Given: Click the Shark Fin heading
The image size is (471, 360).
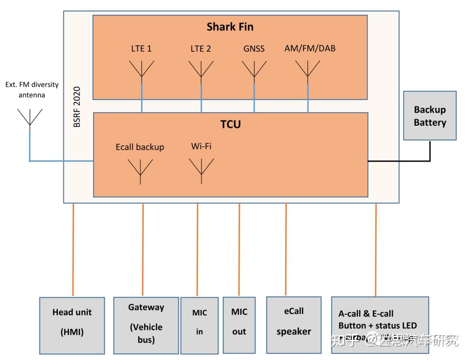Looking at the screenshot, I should (x=230, y=27).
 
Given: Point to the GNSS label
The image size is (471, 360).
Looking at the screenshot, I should (x=254, y=49).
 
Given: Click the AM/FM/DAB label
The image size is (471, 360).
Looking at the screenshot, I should (x=310, y=48).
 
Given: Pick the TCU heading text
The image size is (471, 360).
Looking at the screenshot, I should (x=230, y=124).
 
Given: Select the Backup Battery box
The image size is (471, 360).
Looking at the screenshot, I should (x=430, y=115).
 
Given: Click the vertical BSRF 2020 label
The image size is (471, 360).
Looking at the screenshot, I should (x=77, y=107).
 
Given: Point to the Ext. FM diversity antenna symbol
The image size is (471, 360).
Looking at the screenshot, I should (x=30, y=119).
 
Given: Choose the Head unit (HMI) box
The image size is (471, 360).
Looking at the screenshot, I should (x=72, y=325).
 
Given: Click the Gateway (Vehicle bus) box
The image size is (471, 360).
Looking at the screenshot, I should (x=146, y=325).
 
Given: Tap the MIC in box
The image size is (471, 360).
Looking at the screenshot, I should (x=199, y=325).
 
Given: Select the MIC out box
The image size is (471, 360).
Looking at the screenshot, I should (x=239, y=325).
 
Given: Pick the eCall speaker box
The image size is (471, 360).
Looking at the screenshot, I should (x=294, y=325).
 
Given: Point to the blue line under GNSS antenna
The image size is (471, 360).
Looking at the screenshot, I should (x=254, y=98).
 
